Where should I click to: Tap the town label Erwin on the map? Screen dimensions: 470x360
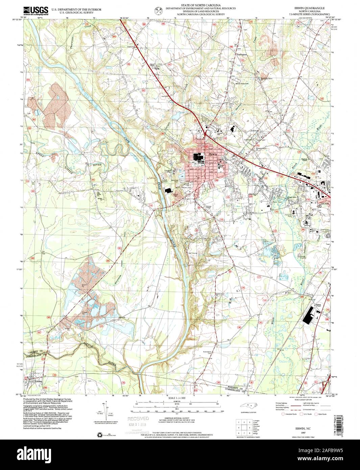213,155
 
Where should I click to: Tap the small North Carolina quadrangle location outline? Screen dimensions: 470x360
248,408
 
